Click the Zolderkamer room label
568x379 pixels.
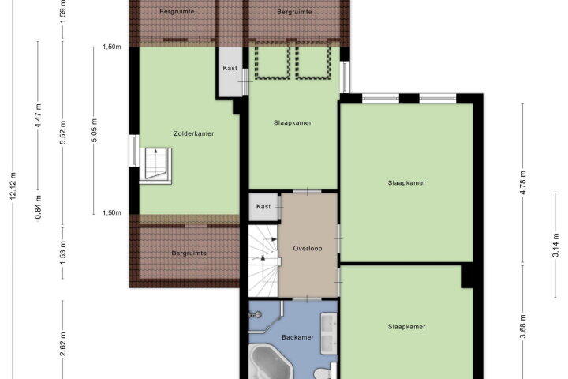pyautogui.click(x=194, y=133)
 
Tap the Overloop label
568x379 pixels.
pyautogui.click(x=308, y=249)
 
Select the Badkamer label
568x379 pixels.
pyautogui.click(x=297, y=337)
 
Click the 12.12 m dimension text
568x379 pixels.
pyautogui.click(x=13, y=185)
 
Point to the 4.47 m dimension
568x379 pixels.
pyautogui.click(x=38, y=115)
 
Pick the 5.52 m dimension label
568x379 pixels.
pyautogui.click(x=62, y=132)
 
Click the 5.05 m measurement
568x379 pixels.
pyautogui.click(x=94, y=130)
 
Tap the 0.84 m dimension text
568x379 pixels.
pyautogui.click(x=38, y=207)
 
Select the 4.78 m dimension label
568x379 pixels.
pyautogui.click(x=523, y=182)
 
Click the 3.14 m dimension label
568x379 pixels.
pyautogui.click(x=555, y=246)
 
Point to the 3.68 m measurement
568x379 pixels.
pyautogui.click(x=523, y=326)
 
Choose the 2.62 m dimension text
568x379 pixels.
pyautogui.click(x=62, y=344)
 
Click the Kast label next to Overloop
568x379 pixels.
pyautogui.click(x=263, y=206)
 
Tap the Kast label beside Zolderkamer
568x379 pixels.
pyautogui.click(x=230, y=68)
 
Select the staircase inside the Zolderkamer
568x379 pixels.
pyautogui.click(x=155, y=165)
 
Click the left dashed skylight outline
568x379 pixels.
pyautogui.click(x=272, y=61)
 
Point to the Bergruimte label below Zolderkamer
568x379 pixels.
pyautogui.click(x=189, y=253)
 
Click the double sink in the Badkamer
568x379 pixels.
pyautogui.click(x=329, y=334)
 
